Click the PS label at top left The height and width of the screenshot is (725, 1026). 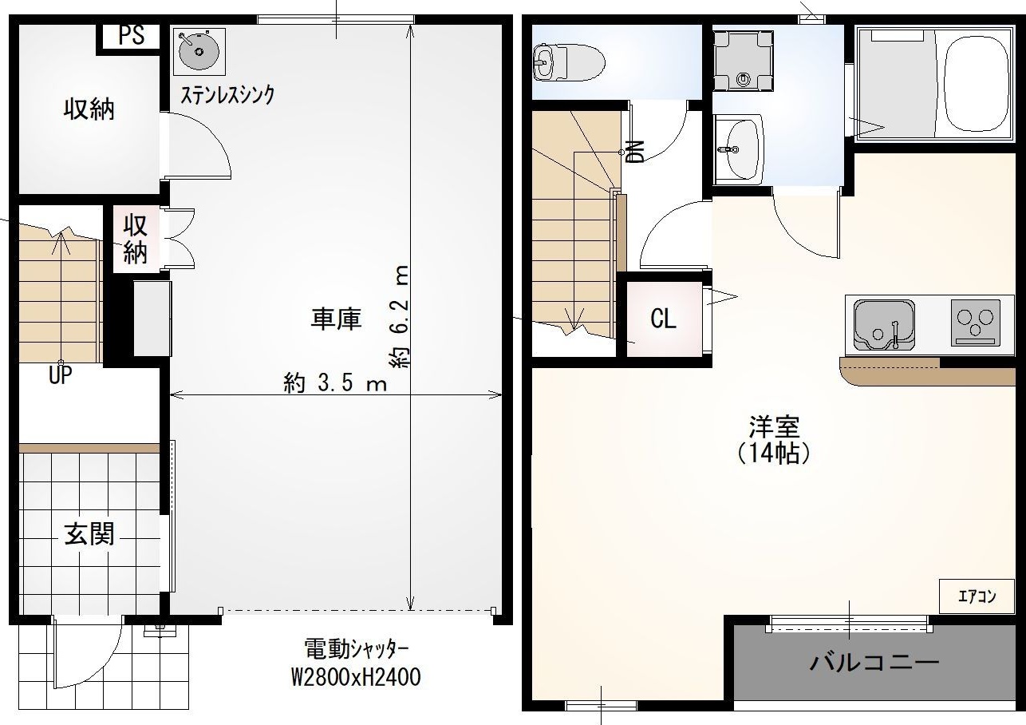pyautogui.click(x=132, y=36)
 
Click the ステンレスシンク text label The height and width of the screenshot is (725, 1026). pyautogui.click(x=227, y=95)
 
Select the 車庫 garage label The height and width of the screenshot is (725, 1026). pyautogui.click(x=336, y=319)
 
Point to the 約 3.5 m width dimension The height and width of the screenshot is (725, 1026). pyautogui.click(x=335, y=383)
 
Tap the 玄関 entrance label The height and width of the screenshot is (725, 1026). pyautogui.click(x=89, y=534)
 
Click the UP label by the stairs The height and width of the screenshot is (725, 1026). pyautogui.click(x=60, y=375)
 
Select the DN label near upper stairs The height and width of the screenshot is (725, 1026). pyautogui.click(x=635, y=151)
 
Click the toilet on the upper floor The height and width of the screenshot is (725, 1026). pyautogui.click(x=568, y=61)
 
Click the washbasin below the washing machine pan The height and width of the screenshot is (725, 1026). pyautogui.click(x=739, y=149)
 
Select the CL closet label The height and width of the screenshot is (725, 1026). pyautogui.click(x=663, y=319)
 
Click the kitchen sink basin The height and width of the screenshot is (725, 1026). pyautogui.click(x=883, y=324)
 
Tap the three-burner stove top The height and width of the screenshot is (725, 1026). pyautogui.click(x=975, y=323)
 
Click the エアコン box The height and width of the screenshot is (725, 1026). pyautogui.click(x=977, y=596)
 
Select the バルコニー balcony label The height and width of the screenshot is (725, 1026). pyautogui.click(x=874, y=662)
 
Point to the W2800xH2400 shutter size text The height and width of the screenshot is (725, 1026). pyautogui.click(x=355, y=677)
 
